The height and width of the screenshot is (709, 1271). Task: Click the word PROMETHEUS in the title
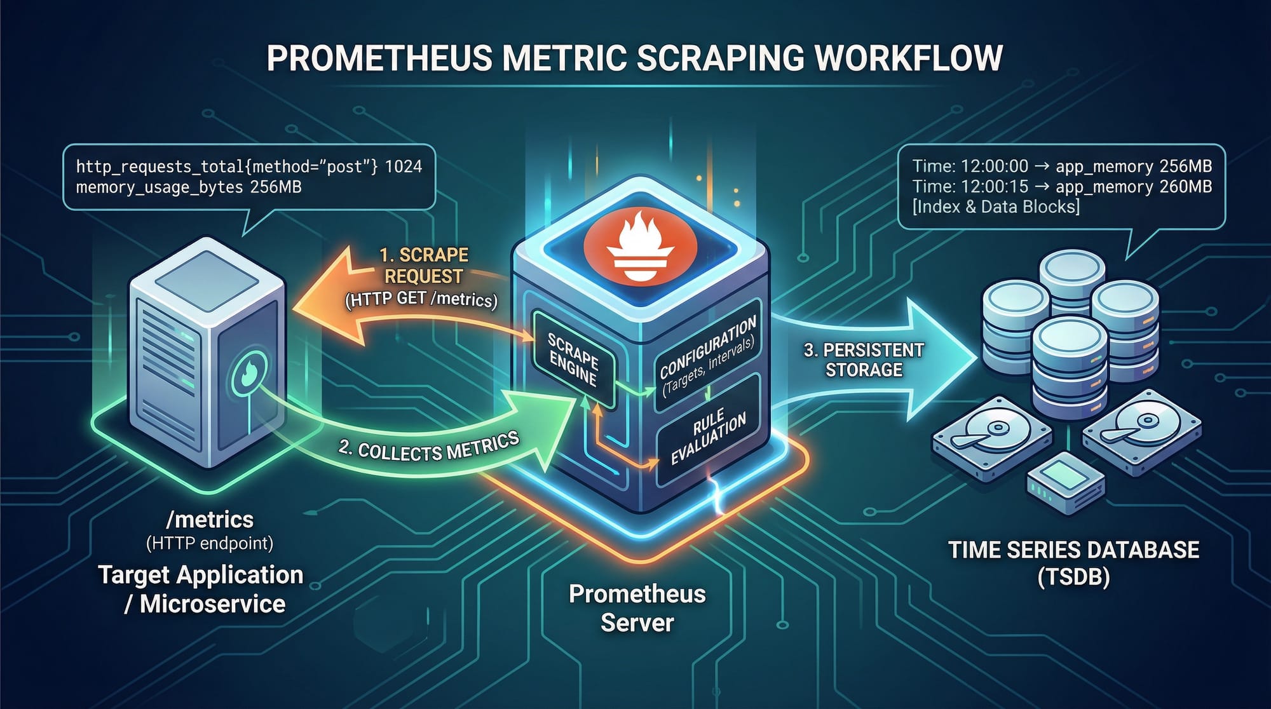tap(380, 58)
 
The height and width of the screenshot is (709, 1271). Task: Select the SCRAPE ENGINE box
tap(573, 360)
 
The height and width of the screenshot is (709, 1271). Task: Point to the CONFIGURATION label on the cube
tap(707, 346)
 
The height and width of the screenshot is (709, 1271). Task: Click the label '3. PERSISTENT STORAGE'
tap(864, 360)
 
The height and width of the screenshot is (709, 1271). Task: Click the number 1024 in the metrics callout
tap(404, 166)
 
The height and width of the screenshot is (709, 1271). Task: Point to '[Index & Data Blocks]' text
tap(996, 206)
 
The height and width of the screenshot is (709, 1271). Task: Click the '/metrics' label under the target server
tap(210, 520)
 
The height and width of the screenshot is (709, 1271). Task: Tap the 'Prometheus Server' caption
tap(637, 608)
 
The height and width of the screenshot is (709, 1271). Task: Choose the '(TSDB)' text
tap(1073, 577)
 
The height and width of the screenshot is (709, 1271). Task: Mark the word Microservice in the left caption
tap(212, 604)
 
